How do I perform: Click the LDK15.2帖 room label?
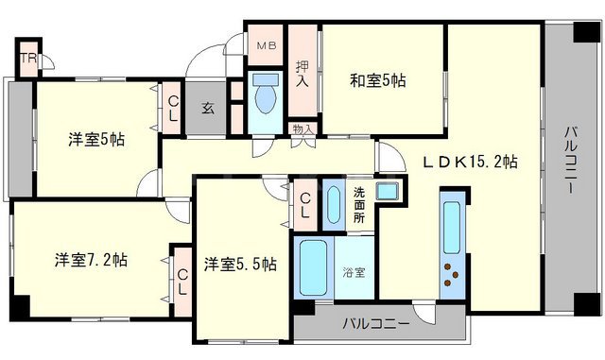tap(469, 161)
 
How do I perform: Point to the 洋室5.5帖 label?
tap(238, 264)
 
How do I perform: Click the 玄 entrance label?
tap(207, 106)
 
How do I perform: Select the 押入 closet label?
tap(302, 74)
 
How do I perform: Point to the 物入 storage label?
tap(302, 129)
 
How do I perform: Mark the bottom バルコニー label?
tap(376, 325)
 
